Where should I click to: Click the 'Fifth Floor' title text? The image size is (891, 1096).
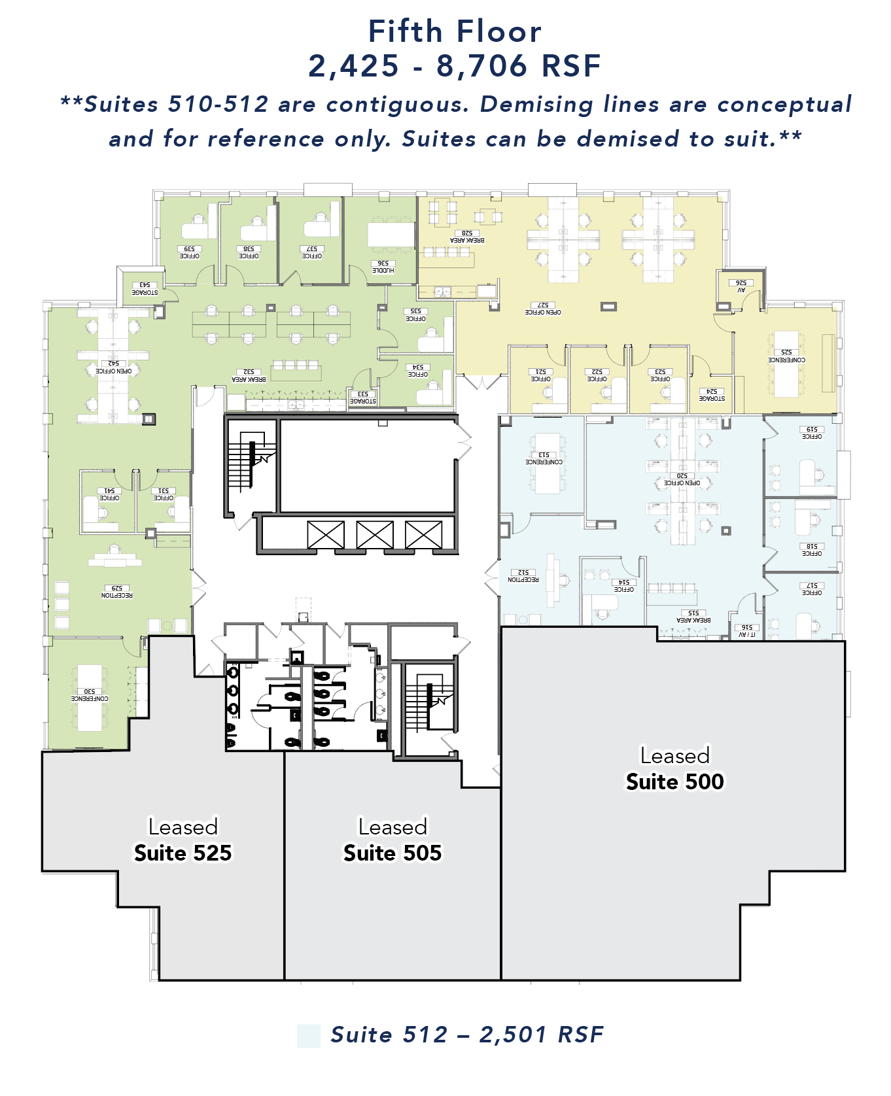(x=455, y=31)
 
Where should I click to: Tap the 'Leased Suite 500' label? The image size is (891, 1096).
(x=674, y=769)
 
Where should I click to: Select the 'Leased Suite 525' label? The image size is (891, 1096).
(x=183, y=840)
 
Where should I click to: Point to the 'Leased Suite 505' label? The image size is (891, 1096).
(x=393, y=840)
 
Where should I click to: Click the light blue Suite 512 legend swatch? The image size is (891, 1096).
(x=309, y=1036)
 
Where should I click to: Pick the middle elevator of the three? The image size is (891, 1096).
(x=375, y=535)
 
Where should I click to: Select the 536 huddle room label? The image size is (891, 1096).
(x=383, y=267)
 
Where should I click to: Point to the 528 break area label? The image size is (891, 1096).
(x=467, y=237)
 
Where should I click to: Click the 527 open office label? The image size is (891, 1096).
(x=543, y=309)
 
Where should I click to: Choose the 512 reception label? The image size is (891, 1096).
(x=523, y=576)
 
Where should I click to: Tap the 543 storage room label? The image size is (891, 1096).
(x=145, y=288)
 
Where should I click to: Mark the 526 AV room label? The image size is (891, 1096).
(x=741, y=286)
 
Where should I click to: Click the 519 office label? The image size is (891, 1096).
(x=811, y=433)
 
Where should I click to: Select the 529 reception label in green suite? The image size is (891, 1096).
(x=117, y=592)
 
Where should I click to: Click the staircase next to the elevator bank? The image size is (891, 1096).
(x=250, y=462)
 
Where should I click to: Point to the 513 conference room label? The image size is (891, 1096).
(x=544, y=458)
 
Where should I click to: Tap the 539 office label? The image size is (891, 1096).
(x=189, y=252)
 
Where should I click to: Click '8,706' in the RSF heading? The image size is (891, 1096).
(x=481, y=66)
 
